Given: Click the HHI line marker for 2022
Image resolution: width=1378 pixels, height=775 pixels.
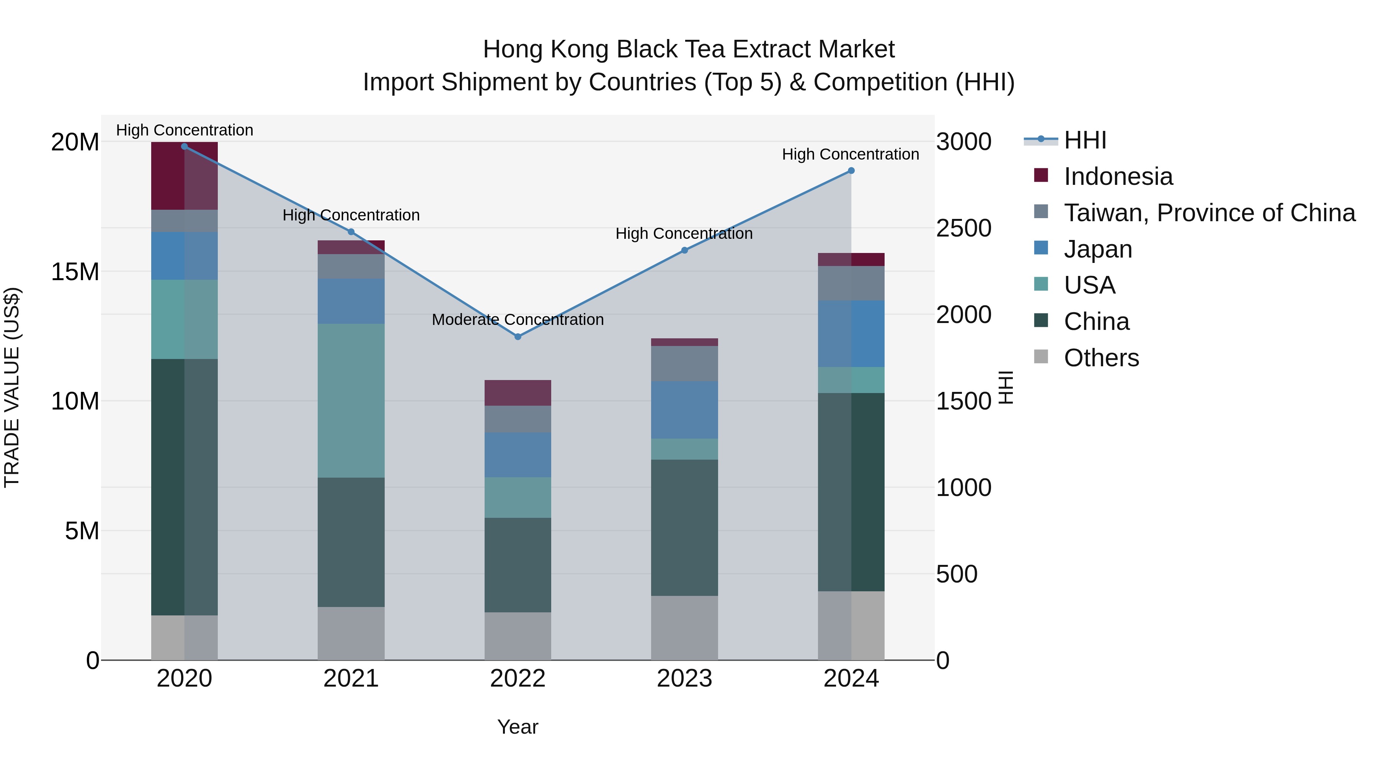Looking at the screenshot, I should [517, 336].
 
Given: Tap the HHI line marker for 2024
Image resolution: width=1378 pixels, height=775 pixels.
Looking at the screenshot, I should [851, 171].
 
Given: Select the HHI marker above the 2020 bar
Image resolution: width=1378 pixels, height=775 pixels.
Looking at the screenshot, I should [184, 146].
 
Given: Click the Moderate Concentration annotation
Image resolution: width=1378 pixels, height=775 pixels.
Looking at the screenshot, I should [517, 319].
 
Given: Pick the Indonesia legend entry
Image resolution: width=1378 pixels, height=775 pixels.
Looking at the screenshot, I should [1118, 176].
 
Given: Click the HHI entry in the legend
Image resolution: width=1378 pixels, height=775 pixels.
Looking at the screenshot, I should [1085, 140].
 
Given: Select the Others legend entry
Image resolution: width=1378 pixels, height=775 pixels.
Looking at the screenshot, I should [1101, 358].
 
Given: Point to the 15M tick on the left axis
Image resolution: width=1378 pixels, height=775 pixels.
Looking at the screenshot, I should [75, 272].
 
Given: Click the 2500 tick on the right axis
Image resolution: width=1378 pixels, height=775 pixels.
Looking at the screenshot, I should [963, 228].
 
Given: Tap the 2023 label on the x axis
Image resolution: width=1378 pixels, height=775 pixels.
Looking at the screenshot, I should [684, 679].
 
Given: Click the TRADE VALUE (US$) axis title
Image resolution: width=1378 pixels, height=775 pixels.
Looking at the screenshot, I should [12, 387].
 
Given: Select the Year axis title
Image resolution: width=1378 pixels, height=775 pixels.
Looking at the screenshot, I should [517, 727].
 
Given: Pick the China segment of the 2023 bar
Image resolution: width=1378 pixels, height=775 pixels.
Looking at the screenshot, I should [684, 527].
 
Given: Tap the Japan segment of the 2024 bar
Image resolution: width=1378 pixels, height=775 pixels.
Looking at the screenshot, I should [851, 333].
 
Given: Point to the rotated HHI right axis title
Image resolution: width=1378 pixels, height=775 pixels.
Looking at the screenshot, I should [1006, 387].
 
